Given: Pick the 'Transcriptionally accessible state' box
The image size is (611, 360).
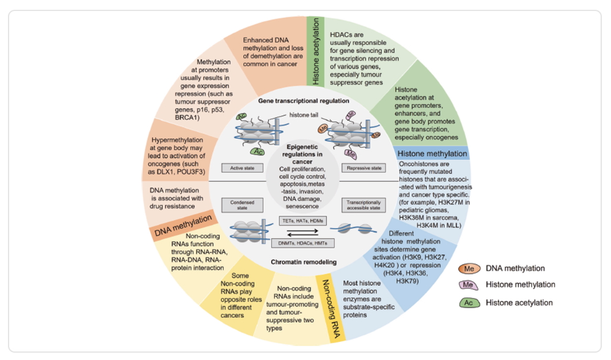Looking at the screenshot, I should [x=364, y=205].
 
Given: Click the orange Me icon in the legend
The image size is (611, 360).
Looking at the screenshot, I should [x=468, y=268].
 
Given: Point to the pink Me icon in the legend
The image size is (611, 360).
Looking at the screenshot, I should [x=468, y=285].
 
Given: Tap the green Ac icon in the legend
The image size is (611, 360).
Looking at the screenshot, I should [x=468, y=302].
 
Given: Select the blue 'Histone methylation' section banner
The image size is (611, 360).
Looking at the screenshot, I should [x=432, y=154].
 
